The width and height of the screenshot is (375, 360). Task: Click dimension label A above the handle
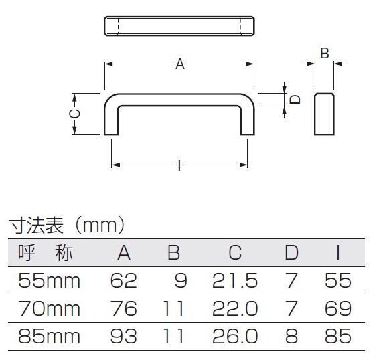(180, 64)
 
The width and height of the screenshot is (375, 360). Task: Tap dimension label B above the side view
(325, 53)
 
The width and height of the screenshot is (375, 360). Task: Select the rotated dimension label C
(74, 114)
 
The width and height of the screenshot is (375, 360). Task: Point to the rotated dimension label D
(295, 99)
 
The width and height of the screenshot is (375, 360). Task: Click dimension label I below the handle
(179, 165)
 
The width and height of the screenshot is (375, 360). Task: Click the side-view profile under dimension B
(324, 114)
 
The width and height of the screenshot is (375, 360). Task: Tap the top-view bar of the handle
(179, 26)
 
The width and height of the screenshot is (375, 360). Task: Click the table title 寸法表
(36, 226)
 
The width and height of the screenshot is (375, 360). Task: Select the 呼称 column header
(46, 253)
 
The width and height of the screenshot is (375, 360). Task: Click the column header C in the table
(235, 252)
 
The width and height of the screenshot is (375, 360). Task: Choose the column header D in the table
(291, 252)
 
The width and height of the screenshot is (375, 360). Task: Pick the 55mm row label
(49, 280)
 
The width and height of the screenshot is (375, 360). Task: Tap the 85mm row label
(49, 336)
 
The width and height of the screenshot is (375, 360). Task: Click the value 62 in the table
(123, 280)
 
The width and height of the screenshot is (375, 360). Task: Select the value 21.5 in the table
(235, 280)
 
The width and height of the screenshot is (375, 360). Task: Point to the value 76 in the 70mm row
(123, 308)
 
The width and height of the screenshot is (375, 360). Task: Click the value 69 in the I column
(338, 308)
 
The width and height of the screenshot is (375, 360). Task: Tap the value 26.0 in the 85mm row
(235, 336)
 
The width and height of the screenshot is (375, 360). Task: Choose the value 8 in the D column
(291, 336)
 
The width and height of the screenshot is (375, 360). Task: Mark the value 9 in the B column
(181, 280)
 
